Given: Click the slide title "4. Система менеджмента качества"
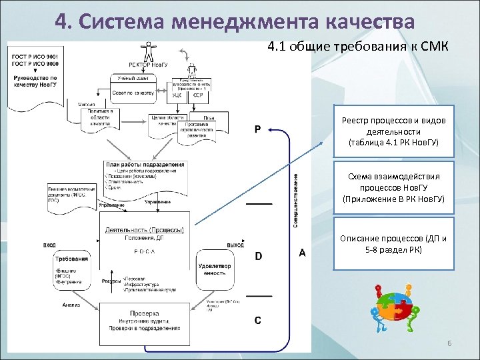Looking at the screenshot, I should tap(235, 20).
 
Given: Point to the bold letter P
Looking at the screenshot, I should tap(257, 129).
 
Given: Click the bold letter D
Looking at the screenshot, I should tap(259, 256).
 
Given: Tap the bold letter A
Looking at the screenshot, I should tap(302, 253).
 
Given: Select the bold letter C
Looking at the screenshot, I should tap(258, 320).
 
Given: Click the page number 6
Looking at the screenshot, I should tap(449, 343).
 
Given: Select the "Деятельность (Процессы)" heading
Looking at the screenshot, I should tap(144, 230).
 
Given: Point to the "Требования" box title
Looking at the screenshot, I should tap(72, 259).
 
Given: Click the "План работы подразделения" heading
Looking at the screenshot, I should tap(145, 165).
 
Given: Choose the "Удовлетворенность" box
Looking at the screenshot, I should tap(215, 269).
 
